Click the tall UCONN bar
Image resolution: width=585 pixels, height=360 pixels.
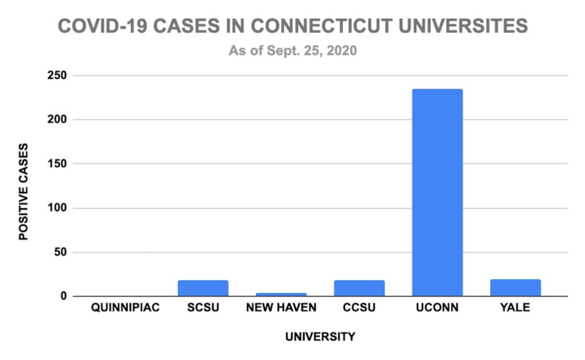pyautogui.click(x=438, y=193)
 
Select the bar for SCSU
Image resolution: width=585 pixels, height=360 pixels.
pyautogui.click(x=203, y=289)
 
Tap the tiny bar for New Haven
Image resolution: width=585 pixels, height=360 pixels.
pyautogui.click(x=281, y=294)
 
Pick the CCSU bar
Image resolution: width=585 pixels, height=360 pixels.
pyautogui.click(x=359, y=289)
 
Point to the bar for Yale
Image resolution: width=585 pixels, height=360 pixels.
pyautogui.click(x=516, y=288)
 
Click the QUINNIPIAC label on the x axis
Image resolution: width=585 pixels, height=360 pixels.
pyautogui.click(x=125, y=309)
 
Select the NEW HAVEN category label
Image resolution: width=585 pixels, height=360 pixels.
pyautogui.click(x=281, y=309)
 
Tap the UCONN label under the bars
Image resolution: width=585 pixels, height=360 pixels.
pyautogui.click(x=438, y=309)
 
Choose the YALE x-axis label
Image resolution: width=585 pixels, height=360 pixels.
pyautogui.click(x=516, y=309)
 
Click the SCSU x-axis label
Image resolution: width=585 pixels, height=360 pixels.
pyautogui.click(x=203, y=309)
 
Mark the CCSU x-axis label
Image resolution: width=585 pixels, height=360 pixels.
pyautogui.click(x=359, y=309)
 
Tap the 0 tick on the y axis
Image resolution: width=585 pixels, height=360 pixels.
pyautogui.click(x=64, y=297)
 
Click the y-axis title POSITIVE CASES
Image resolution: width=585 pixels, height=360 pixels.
pyautogui.click(x=24, y=191)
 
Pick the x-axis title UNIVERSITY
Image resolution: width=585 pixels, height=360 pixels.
pyautogui.click(x=320, y=337)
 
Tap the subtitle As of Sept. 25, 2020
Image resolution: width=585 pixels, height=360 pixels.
pyautogui.click(x=293, y=51)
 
